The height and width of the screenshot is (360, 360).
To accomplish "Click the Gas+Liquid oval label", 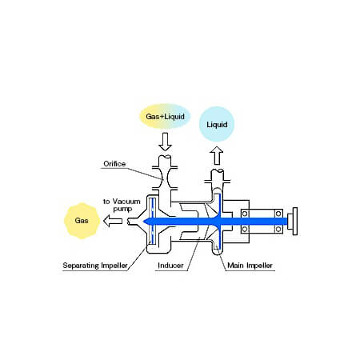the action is click(165, 116).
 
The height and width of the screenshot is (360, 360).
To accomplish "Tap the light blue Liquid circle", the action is click(217, 124).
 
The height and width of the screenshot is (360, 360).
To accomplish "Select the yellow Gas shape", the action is click(82, 221).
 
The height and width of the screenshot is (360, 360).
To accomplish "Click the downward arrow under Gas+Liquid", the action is click(165, 142).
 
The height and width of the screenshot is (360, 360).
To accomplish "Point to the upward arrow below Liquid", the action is click(217, 156).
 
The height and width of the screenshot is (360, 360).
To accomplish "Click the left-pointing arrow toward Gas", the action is click(113, 221).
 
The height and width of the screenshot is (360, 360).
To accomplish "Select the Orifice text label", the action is click(114, 164).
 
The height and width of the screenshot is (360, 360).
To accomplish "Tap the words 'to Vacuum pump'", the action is click(122, 205).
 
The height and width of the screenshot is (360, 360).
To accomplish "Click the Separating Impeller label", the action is click(95, 266).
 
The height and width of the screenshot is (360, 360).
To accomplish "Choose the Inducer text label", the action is click(170, 266).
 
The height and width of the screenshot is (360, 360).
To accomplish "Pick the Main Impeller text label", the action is click(250, 266).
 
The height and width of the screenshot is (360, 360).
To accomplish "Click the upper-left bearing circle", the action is click(245, 214).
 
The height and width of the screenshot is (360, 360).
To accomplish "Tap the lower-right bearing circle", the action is click(278, 229).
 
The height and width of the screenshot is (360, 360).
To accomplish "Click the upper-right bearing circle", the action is click(278, 214).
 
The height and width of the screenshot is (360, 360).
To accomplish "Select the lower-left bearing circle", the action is click(245, 229).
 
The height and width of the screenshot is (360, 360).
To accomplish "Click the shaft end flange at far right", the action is click(295, 221).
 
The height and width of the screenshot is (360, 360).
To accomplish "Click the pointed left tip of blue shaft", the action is click(144, 221).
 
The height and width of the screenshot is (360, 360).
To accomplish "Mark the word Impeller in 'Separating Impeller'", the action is click(114, 266).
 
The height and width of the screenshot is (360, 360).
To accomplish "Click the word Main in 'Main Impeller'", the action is click(236, 266).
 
